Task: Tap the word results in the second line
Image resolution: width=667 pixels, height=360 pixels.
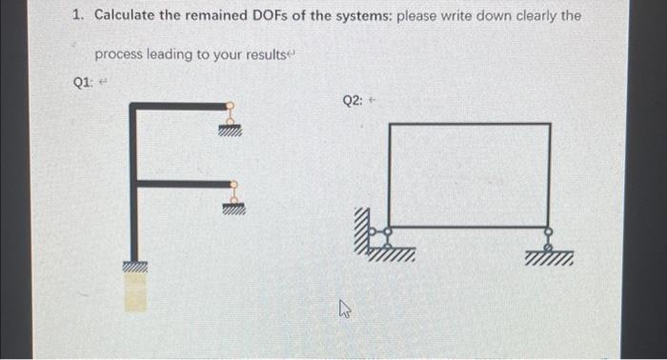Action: pos(270,54)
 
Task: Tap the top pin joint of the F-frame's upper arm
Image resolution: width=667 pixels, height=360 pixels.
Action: pos(229,107)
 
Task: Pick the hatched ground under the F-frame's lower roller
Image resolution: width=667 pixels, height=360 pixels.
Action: pos(230,212)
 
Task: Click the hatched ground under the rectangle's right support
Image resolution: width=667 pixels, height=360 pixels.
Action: pos(550,258)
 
